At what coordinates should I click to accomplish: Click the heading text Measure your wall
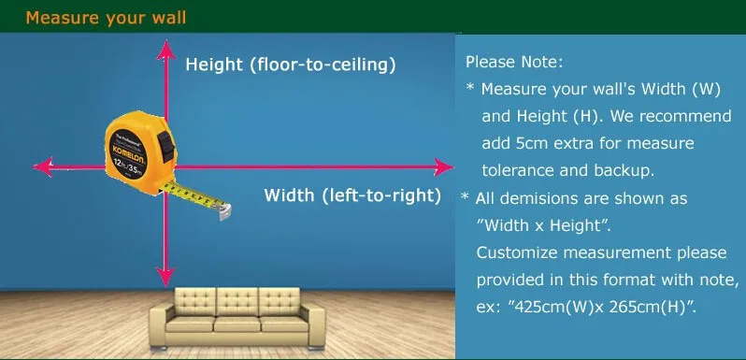coord(106,17)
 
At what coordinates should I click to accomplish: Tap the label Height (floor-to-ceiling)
coord(291,65)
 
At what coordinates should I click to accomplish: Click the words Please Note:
coord(514,62)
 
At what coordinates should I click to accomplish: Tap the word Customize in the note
coord(517,252)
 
